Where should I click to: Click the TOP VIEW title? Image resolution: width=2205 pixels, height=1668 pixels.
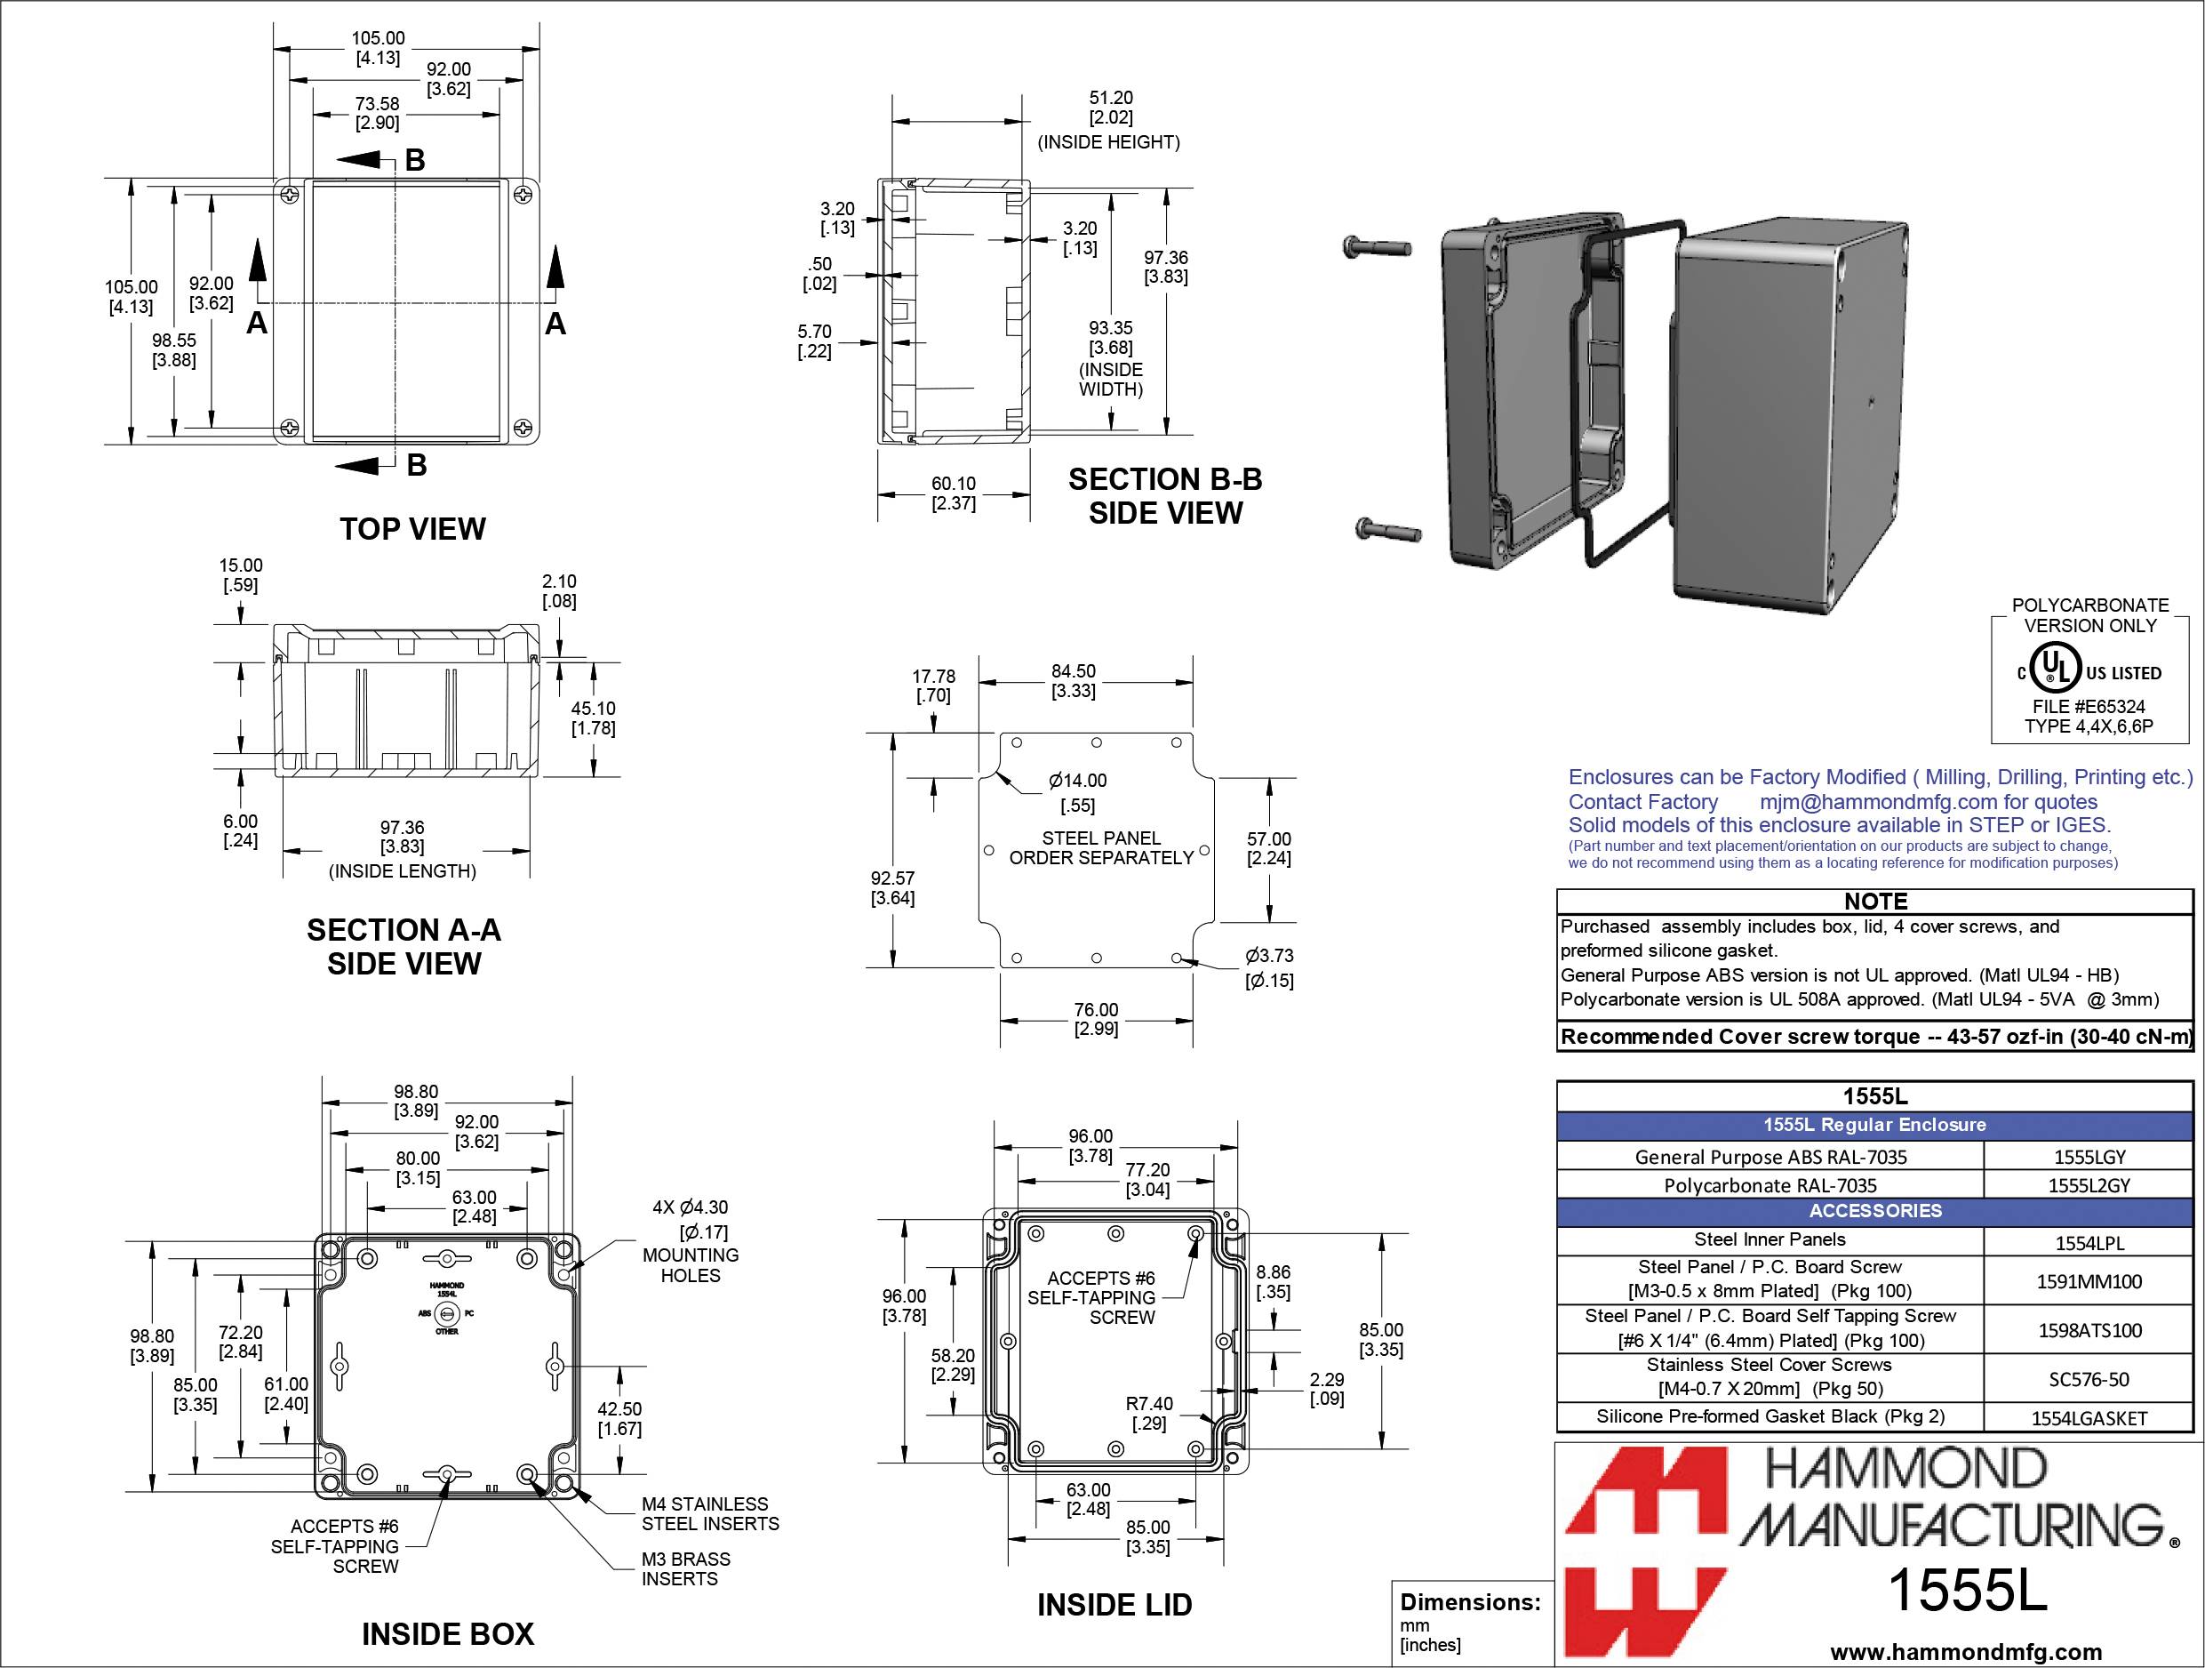(x=412, y=528)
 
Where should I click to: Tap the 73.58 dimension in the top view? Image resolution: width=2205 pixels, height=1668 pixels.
(x=377, y=113)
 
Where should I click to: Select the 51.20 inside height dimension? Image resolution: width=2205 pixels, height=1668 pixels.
(x=1110, y=108)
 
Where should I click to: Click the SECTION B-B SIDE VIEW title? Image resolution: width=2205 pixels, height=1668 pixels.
(x=1165, y=495)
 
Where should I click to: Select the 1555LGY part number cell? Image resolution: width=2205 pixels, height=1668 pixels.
(x=2089, y=1157)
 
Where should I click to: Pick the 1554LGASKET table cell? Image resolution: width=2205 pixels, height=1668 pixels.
(x=2089, y=1418)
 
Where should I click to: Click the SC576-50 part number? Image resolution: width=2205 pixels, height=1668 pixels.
(x=2089, y=1379)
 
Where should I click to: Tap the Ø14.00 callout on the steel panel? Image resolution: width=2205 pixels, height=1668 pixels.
(x=1077, y=791)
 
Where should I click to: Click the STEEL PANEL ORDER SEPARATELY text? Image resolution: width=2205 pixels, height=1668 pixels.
(x=1100, y=847)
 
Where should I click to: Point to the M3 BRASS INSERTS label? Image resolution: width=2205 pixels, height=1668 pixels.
(x=685, y=1568)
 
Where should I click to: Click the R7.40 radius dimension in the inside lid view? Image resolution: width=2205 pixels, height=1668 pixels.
(x=1148, y=1413)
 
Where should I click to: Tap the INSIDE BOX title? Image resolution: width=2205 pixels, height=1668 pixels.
(x=448, y=1633)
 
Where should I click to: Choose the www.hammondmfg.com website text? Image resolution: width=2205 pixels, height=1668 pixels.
(x=1966, y=1651)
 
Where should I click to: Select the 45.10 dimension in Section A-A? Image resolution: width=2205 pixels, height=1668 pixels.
(x=593, y=718)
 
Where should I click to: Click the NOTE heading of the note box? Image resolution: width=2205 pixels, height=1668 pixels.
(x=1875, y=901)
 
